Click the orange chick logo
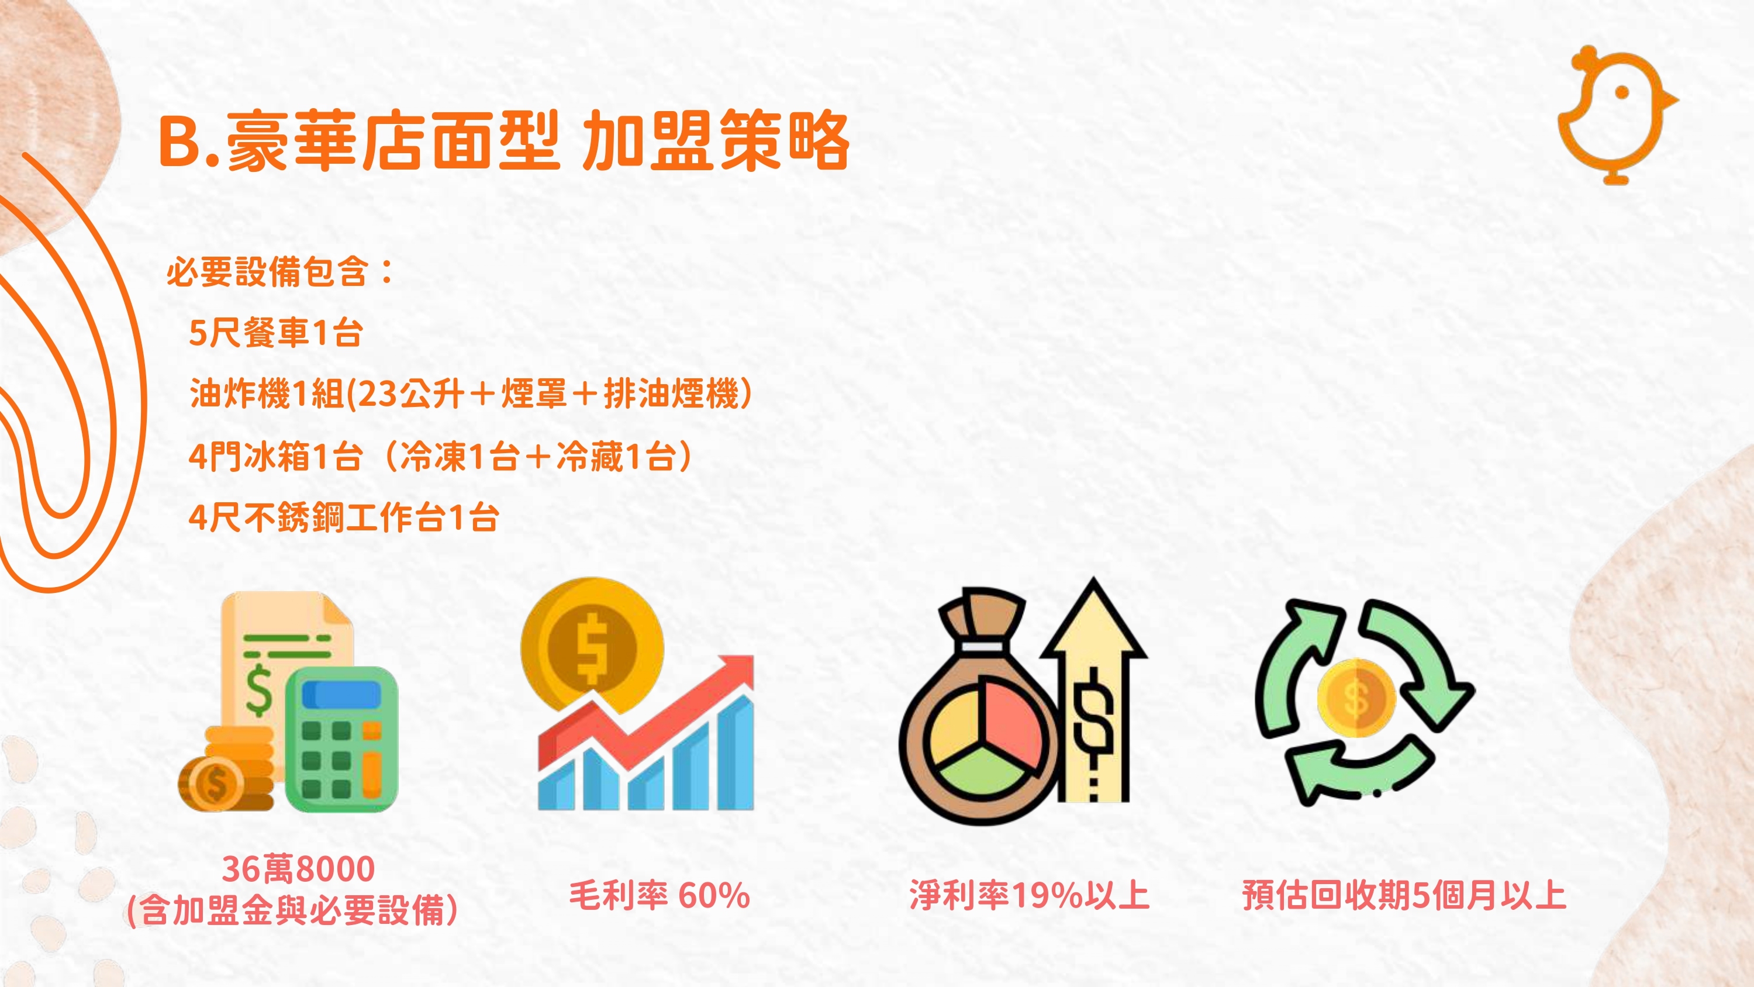[1615, 115]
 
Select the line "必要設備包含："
[281, 272]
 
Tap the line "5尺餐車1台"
[276, 333]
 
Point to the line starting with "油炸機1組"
[471, 394]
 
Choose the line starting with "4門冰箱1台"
[440, 455]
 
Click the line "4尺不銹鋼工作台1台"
[344, 517]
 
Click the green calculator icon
[341, 738]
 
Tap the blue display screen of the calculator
[341, 695]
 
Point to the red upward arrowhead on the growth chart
[736, 673]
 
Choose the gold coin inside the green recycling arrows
[1356, 698]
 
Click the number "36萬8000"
[298, 869]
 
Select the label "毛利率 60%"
[659, 895]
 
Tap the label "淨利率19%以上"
[1029, 895]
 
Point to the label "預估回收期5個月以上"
[1404, 895]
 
